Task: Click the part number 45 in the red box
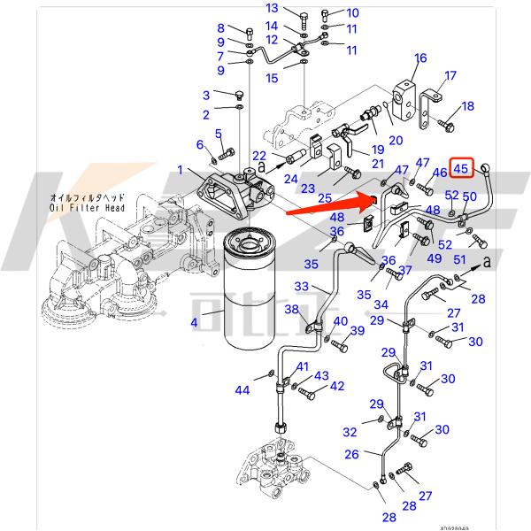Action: (461, 166)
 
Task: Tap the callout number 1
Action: (180, 169)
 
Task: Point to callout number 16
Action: (420, 58)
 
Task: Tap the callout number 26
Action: (351, 454)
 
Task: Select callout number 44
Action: (242, 390)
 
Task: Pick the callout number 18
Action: (467, 106)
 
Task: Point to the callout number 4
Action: (193, 324)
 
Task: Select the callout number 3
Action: (205, 96)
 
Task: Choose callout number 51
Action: (458, 259)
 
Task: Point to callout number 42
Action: (336, 386)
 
